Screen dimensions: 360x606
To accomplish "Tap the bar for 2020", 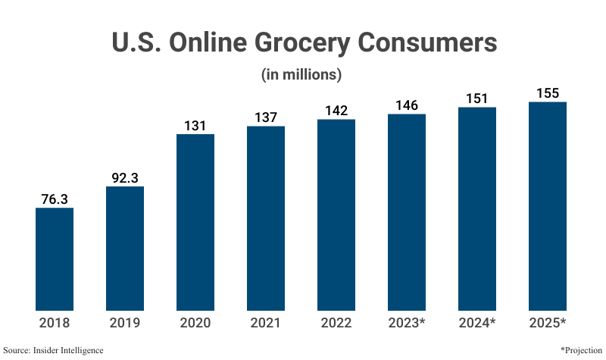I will (x=195, y=223).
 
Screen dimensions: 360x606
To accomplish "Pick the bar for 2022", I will (x=336, y=215).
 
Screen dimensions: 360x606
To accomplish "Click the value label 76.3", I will (x=55, y=199).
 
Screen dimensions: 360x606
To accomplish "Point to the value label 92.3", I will (x=125, y=177).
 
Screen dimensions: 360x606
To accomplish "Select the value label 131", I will (x=195, y=125).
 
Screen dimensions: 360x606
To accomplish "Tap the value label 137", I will (x=266, y=117).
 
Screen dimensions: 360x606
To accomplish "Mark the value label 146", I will (x=407, y=105).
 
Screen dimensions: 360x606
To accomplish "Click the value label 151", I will (x=477, y=98).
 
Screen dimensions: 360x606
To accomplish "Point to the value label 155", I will (x=548, y=93).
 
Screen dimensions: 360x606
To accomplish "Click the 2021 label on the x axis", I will (x=266, y=323).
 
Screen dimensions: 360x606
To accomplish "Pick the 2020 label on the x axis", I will (x=195, y=323).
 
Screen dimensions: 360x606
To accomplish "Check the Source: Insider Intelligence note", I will (x=53, y=350).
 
